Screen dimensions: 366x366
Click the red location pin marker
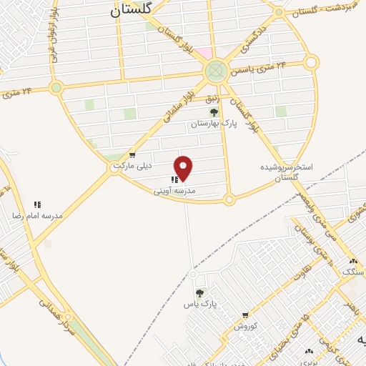coord(184,168)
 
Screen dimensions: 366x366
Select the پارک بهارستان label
coord(212,124)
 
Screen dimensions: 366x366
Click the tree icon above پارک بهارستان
coord(212,112)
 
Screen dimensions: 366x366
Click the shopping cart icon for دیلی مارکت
coord(132,155)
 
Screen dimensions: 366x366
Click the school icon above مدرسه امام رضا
coord(37,204)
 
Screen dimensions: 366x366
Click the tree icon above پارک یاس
coord(199,293)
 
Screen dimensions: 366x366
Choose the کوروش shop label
coord(245,326)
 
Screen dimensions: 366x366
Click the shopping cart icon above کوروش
coord(245,315)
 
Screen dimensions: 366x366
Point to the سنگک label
coord(352,272)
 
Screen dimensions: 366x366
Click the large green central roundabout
coord(215,71)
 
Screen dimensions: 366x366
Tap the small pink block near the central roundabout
coord(205,53)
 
